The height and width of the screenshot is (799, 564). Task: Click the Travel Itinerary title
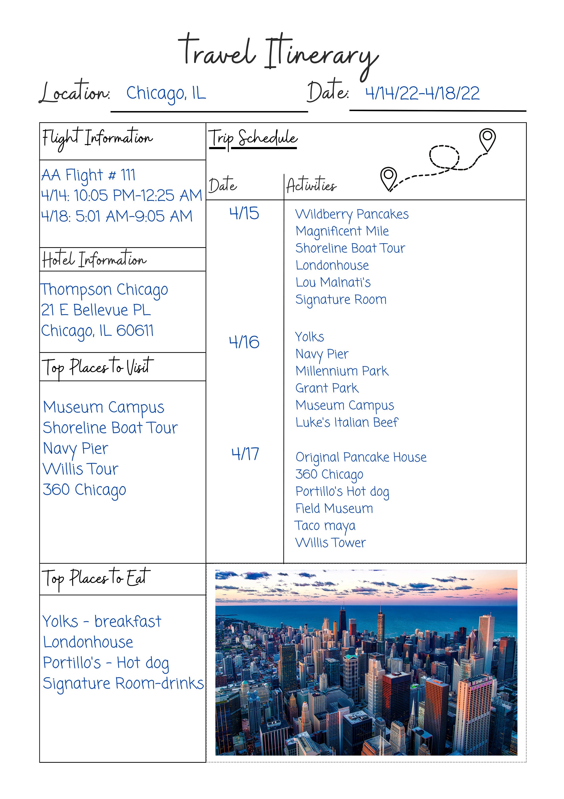(278, 54)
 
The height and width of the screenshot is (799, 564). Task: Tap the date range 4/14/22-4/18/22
(422, 93)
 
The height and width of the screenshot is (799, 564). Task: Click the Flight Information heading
(97, 138)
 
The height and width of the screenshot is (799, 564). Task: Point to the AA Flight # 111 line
(88, 175)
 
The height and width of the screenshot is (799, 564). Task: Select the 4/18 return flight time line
(117, 216)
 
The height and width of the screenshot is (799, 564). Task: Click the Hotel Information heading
(94, 260)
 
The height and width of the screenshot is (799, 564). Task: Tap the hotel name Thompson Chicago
(104, 290)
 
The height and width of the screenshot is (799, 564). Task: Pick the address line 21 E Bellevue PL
(96, 310)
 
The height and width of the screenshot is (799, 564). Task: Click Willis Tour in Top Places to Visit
(81, 469)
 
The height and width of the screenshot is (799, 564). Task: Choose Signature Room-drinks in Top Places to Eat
(123, 683)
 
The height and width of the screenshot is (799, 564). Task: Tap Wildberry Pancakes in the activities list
(352, 214)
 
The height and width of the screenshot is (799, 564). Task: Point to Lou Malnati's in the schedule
(333, 282)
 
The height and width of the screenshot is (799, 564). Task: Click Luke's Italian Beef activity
(346, 422)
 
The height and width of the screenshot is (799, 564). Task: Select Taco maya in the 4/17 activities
(325, 526)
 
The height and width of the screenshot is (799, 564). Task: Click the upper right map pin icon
(487, 139)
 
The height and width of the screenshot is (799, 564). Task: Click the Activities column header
(311, 185)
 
